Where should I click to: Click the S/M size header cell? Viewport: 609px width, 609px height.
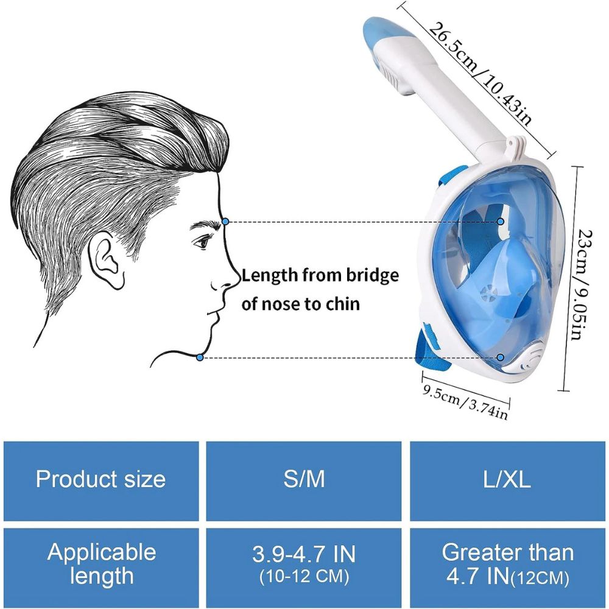pos(304,481)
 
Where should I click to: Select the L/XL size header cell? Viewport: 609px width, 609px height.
pos(507,481)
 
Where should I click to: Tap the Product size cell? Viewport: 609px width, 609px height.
pos(101,481)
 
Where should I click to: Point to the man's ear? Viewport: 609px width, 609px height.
pos(105,260)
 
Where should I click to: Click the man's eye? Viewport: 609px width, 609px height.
pos(202,243)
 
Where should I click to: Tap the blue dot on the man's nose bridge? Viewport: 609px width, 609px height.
pos(225,222)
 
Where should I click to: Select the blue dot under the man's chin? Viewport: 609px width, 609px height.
pos(200,357)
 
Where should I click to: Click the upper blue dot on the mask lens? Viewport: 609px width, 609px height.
pos(501,222)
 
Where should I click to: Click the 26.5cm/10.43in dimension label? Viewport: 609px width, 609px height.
pos(481,73)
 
